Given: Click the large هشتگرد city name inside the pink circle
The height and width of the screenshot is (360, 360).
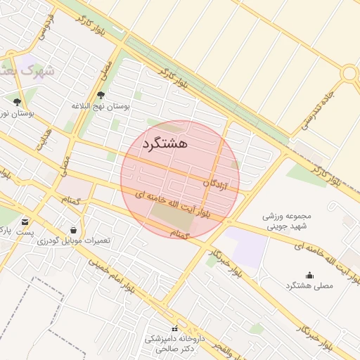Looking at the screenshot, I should tap(165, 143).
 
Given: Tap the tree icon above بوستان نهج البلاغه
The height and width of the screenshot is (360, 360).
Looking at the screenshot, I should tap(101, 95).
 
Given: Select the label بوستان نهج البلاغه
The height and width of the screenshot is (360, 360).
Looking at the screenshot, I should tap(101, 106).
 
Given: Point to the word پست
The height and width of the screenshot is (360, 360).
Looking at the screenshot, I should tap(25, 231).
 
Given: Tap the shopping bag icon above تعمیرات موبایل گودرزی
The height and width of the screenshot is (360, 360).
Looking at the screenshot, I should tap(74, 230).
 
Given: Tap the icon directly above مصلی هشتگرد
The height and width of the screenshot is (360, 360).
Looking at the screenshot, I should tap(309, 275).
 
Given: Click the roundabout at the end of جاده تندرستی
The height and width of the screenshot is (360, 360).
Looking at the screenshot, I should tap(349, 74).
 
